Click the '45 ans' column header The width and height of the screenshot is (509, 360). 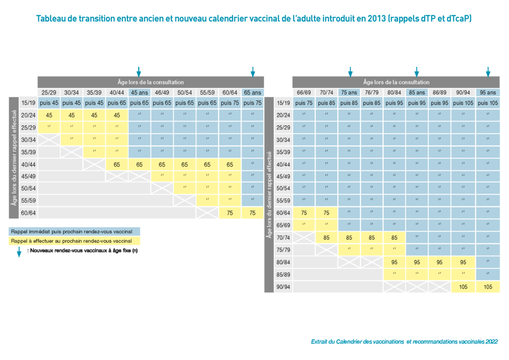(139, 92)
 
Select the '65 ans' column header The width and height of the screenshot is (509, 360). (253, 92)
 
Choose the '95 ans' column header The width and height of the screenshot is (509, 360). (488, 92)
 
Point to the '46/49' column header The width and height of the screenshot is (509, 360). (162, 92)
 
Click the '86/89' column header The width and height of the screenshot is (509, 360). (440, 92)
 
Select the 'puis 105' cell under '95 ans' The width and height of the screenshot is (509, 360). (488, 103)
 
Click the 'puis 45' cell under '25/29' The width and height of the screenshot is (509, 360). (49, 103)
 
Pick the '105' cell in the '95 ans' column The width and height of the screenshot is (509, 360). (488, 287)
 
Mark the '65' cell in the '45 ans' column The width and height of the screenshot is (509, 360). (139, 164)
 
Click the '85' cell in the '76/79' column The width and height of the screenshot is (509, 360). (371, 238)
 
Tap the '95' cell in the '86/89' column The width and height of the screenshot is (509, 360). (440, 262)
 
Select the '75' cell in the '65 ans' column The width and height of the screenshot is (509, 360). (253, 213)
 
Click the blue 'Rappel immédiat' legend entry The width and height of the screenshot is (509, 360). (75, 232)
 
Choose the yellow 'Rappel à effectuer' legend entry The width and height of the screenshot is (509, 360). (75, 241)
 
